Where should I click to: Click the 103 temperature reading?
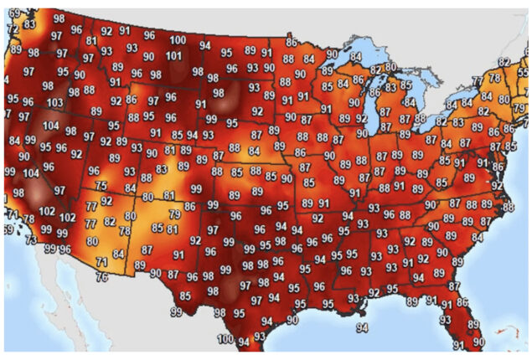[x=54, y=103]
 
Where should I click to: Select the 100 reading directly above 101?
[x=178, y=40]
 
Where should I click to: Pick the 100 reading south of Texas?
[x=225, y=338]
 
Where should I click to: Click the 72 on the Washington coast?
[x=11, y=29]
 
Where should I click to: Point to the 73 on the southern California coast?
[x=31, y=240]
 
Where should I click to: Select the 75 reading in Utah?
[x=101, y=186]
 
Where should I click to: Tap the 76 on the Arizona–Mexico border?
[x=102, y=277]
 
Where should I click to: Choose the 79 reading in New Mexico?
[x=174, y=214]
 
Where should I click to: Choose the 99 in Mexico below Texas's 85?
[x=176, y=311]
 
